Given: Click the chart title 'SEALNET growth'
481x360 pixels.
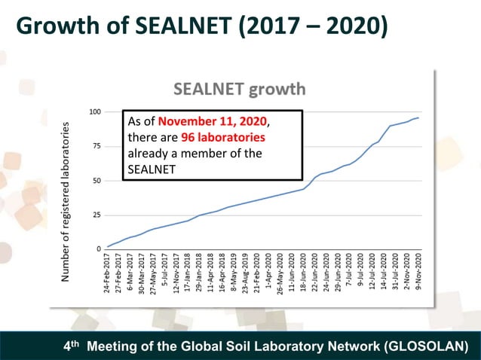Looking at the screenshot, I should (240, 90).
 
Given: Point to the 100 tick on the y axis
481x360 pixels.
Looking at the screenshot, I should (95, 111).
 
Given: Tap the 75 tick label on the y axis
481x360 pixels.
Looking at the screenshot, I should (97, 146).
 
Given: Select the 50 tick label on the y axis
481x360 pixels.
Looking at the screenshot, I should (97, 181).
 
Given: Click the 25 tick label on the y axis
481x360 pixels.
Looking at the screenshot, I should (97, 215).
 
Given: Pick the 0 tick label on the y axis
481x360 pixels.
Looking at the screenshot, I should (100, 249).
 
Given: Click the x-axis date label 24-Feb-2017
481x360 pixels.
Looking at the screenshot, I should (109, 273).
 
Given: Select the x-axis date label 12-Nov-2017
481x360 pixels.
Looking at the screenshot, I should (176, 273).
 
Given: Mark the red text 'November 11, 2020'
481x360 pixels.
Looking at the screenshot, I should (213, 121).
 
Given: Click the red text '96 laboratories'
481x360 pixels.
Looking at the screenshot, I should (223, 138).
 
